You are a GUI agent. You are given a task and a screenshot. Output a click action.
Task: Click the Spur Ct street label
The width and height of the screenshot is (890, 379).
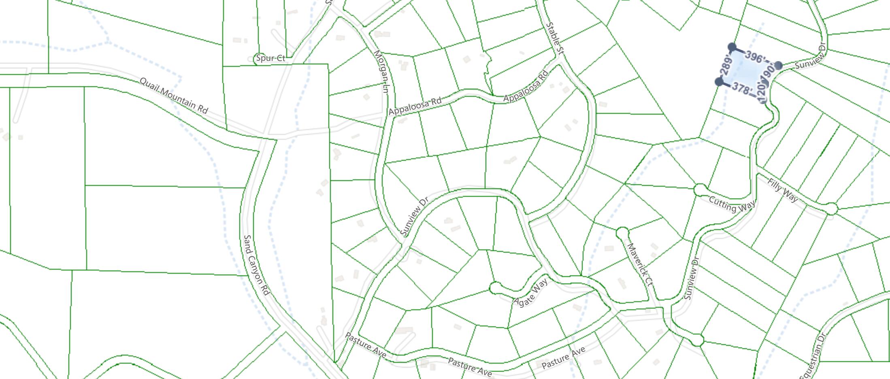(271, 58)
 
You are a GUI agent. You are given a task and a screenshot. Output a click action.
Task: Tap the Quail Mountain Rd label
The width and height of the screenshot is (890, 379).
(173, 96)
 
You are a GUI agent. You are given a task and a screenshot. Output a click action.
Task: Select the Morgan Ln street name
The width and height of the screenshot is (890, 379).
(381, 72)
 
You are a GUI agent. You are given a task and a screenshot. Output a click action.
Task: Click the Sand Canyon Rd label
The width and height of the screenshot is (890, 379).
(257, 265)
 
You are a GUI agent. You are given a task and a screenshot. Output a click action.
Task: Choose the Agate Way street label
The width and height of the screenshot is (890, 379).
(530, 292)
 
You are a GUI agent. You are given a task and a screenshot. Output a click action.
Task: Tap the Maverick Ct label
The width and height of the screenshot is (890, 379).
(640, 265)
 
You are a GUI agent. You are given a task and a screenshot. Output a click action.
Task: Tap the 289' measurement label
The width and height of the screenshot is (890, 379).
(726, 66)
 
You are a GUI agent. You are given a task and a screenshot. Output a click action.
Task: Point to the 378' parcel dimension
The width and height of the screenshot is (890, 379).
(742, 89)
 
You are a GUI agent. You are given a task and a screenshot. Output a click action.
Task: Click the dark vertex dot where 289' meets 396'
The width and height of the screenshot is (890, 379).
(732, 47)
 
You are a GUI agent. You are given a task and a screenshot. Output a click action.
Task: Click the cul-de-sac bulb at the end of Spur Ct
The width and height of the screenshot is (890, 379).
(256, 59)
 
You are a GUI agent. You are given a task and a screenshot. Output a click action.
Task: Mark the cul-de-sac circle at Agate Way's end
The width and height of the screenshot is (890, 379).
(494, 288)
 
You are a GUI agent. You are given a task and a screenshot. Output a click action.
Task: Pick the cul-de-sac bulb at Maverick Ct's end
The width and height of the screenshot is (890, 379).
(622, 233)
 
